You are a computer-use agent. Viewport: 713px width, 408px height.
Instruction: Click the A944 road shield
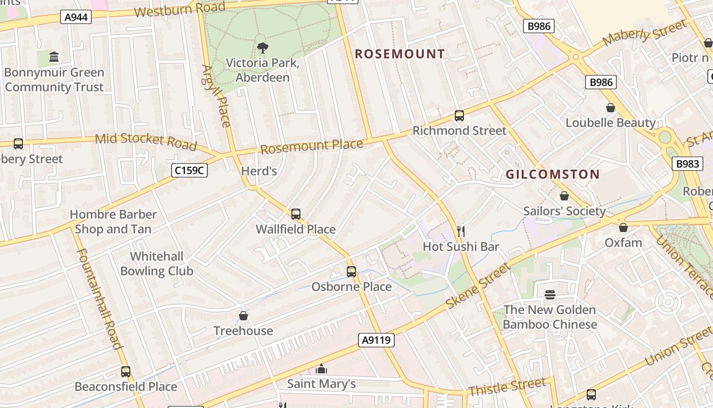(x=76, y=17)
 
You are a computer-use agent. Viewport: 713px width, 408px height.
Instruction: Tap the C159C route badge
(x=189, y=170)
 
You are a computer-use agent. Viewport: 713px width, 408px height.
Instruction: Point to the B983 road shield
(x=688, y=164)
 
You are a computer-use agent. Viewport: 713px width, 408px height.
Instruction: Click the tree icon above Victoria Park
(x=262, y=48)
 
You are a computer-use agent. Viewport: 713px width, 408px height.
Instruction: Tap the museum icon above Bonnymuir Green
(x=54, y=57)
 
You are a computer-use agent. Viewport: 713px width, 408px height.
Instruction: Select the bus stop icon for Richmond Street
(x=459, y=116)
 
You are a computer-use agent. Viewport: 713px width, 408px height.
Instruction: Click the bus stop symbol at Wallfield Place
(x=295, y=214)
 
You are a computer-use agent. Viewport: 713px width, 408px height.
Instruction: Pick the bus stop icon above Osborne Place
(x=351, y=272)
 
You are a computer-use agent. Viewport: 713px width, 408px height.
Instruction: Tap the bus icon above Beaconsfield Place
(x=126, y=372)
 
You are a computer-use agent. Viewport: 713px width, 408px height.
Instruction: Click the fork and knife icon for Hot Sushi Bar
(x=461, y=232)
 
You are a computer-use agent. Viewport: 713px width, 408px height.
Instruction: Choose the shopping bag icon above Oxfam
(x=623, y=227)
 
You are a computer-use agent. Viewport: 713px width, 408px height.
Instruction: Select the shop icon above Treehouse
(x=243, y=316)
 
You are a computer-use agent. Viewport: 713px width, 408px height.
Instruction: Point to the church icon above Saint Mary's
(x=321, y=369)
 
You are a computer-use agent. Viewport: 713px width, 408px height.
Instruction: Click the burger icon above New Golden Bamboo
(x=550, y=295)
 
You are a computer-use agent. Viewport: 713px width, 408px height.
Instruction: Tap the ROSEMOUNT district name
(x=400, y=54)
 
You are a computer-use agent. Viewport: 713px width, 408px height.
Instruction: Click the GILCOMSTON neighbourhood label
(x=553, y=174)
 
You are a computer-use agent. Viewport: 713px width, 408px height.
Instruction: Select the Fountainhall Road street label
(x=99, y=298)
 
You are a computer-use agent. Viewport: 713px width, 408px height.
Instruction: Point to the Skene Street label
(x=477, y=286)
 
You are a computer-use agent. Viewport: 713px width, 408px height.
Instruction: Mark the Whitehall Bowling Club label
(x=157, y=264)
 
